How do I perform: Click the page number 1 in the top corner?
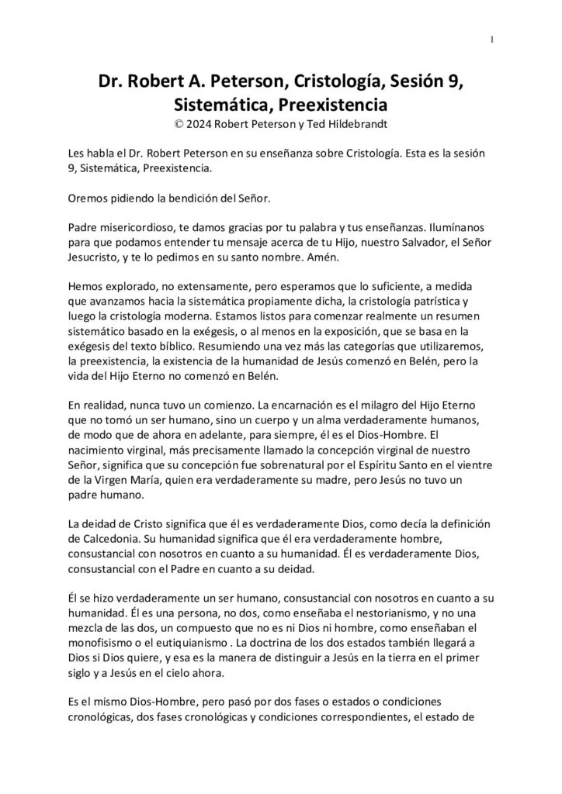pos(492,40)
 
